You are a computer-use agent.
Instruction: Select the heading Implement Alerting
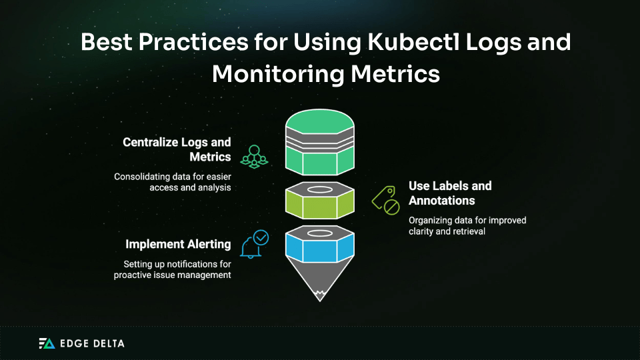178,245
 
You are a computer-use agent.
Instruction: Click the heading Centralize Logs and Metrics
177,149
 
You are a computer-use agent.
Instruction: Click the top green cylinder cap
319,121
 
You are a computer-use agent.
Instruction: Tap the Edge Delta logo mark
46,343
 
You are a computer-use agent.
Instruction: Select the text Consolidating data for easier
173,177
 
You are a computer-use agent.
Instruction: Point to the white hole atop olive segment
319,190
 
